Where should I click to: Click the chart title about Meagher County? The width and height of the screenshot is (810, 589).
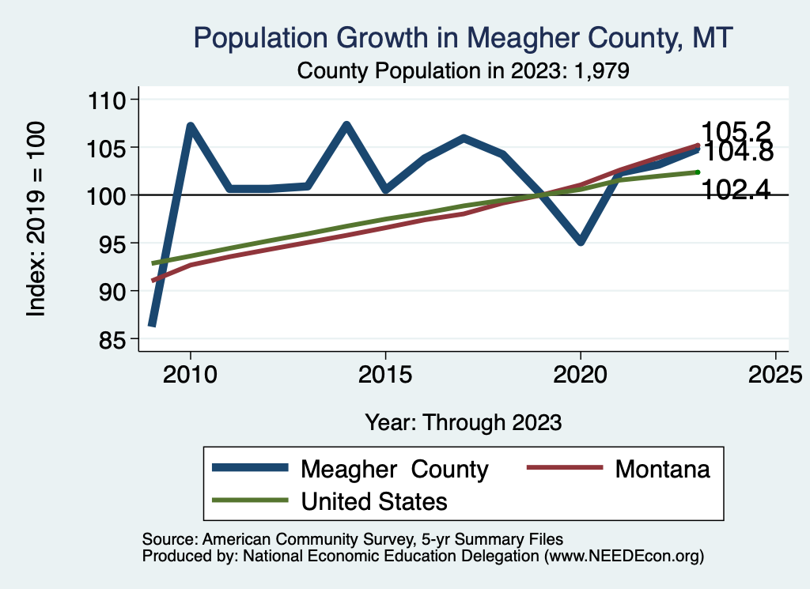click(464, 38)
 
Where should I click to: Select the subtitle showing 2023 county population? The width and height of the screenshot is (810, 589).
click(463, 71)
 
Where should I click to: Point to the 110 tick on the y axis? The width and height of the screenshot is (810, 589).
click(108, 100)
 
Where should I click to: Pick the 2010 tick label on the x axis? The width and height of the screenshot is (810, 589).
click(190, 374)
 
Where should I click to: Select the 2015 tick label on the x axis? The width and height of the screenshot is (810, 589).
click(385, 374)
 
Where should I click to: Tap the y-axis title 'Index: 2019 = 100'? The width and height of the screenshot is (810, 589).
click(36, 219)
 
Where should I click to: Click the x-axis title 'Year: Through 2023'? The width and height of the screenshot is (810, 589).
click(463, 422)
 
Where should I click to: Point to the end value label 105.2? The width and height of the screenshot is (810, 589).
click(736, 131)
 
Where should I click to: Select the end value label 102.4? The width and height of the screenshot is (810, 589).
click(736, 190)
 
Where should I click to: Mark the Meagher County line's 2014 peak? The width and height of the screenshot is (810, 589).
click(346, 125)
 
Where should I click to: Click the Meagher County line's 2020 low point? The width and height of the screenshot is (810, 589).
click(581, 242)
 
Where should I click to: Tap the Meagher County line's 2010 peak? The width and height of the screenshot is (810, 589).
click(190, 126)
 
